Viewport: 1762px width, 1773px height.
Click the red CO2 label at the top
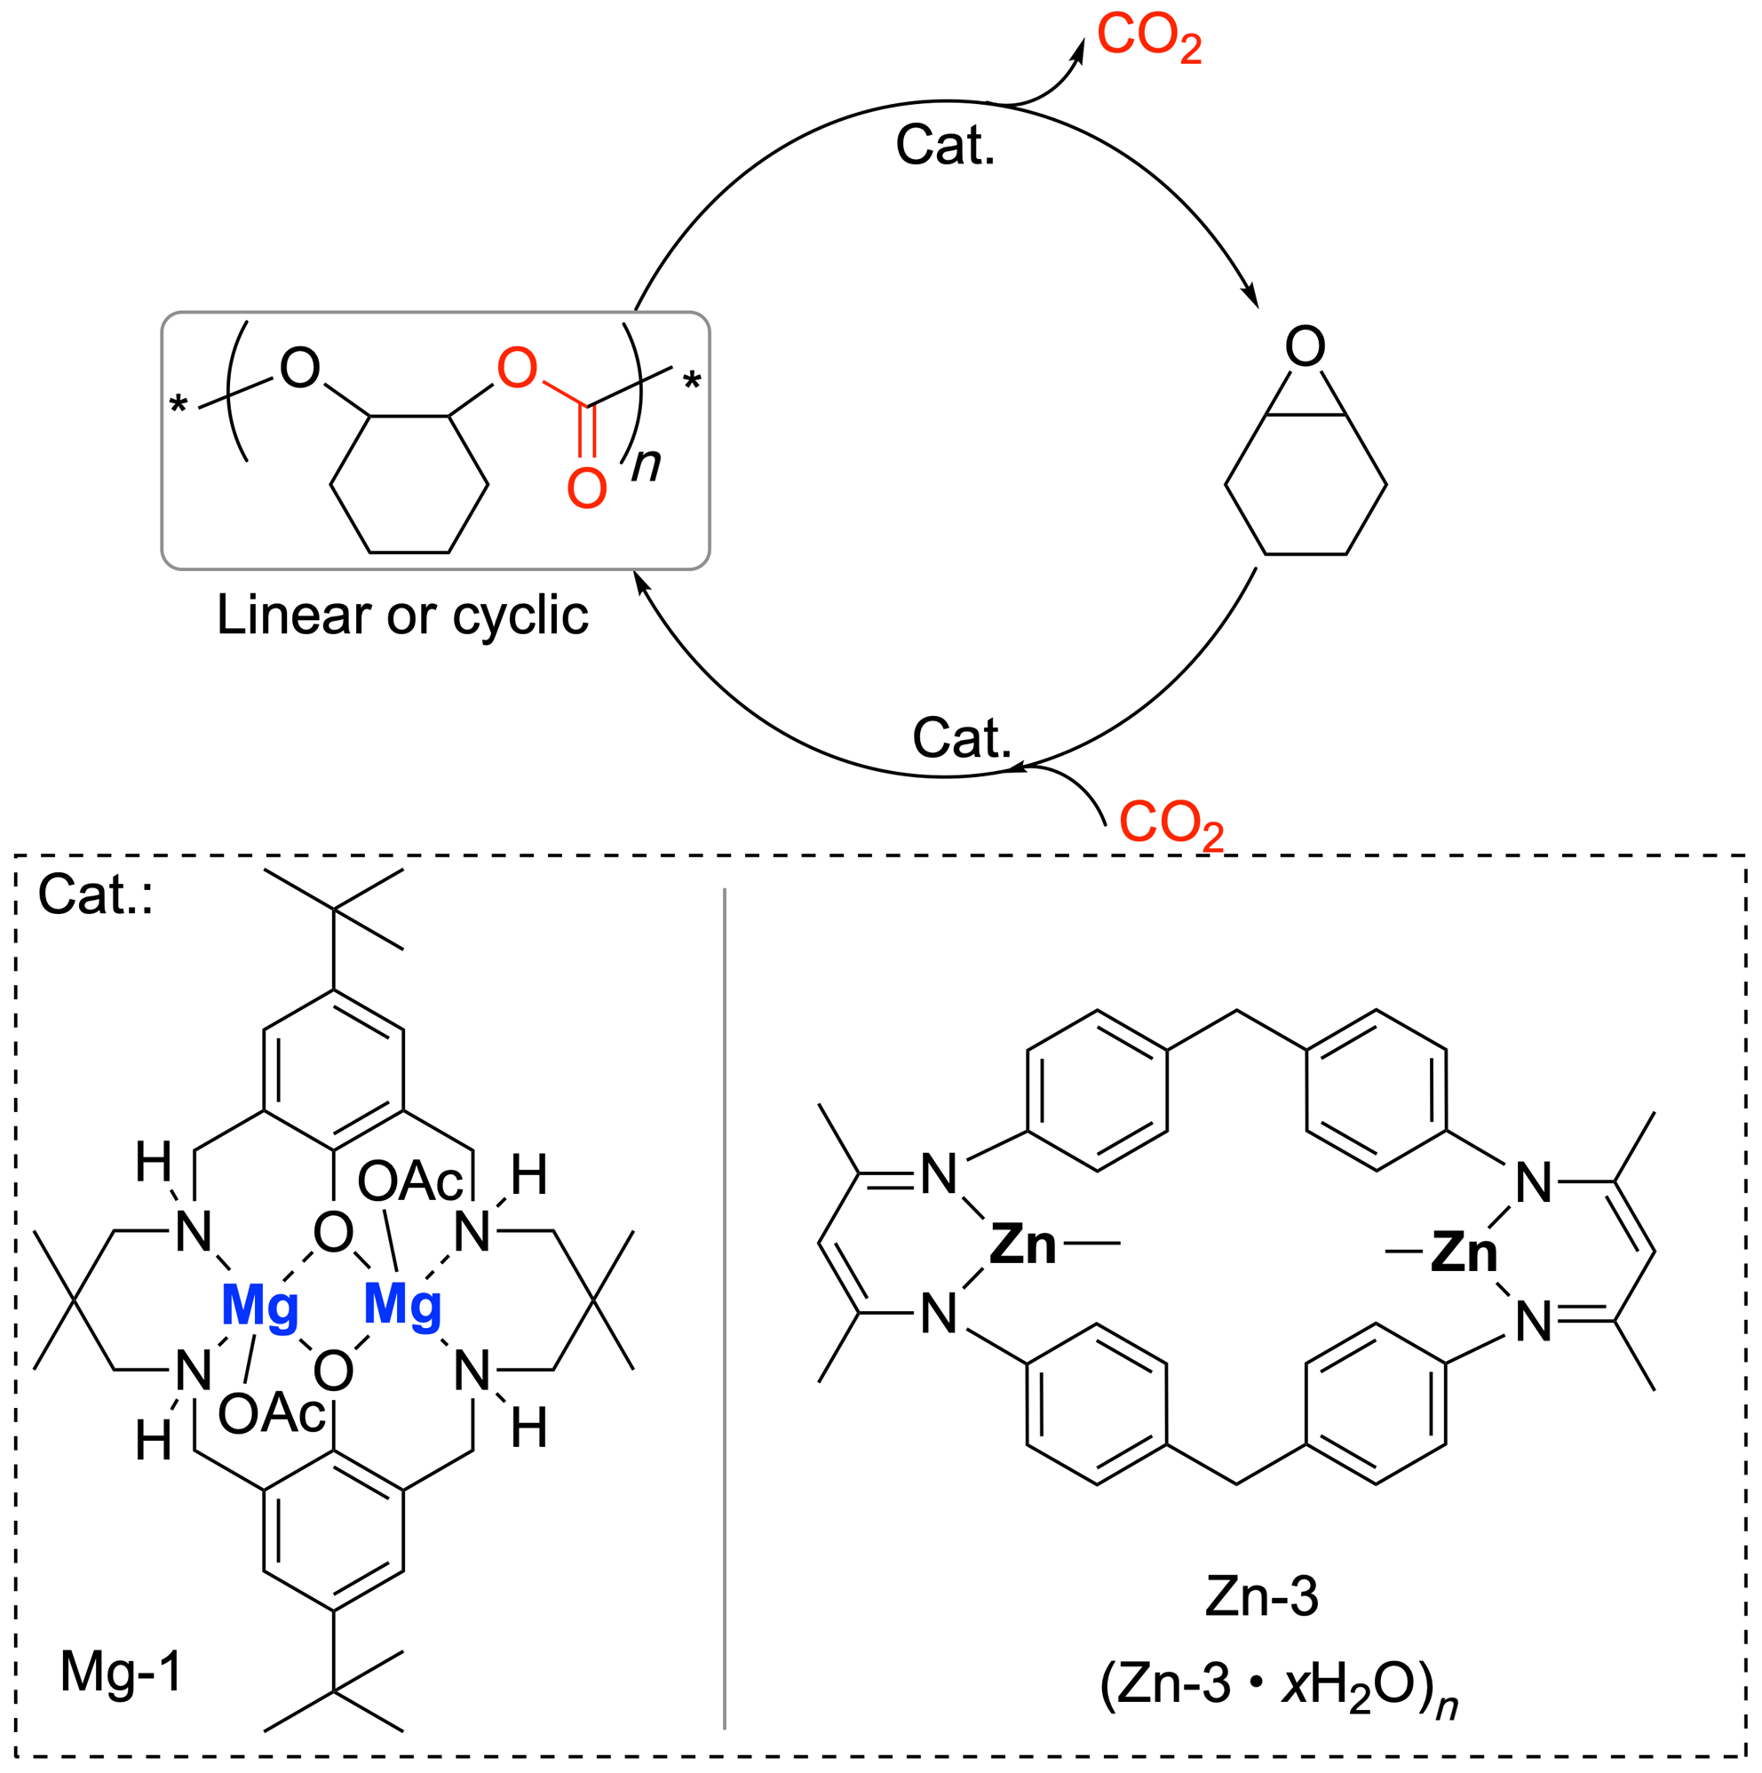click(x=1148, y=38)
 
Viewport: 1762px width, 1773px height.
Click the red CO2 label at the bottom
click(x=1171, y=823)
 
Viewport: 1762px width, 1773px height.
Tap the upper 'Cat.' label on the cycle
click(x=944, y=145)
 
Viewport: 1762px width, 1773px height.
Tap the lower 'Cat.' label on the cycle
click(x=961, y=737)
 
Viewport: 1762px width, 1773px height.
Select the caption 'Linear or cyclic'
click(x=402, y=615)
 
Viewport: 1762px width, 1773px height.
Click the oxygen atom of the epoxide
click(x=1305, y=346)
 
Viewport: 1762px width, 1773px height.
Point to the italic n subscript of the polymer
click(x=646, y=464)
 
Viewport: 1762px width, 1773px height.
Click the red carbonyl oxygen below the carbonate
click(x=586, y=489)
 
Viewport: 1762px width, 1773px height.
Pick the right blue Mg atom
click(x=402, y=1304)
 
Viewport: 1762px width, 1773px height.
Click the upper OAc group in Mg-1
click(x=410, y=1181)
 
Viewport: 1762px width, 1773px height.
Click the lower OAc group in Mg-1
click(x=272, y=1414)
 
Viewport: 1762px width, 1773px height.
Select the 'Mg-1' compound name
click(x=121, y=1671)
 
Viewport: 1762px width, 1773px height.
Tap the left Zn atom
click(x=1023, y=1245)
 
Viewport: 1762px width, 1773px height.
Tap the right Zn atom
click(x=1464, y=1252)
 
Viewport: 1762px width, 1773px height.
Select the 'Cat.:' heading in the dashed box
click(x=94, y=894)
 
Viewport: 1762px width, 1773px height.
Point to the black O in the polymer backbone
click(x=299, y=368)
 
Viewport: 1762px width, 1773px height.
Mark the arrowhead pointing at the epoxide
click(x=1250, y=298)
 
